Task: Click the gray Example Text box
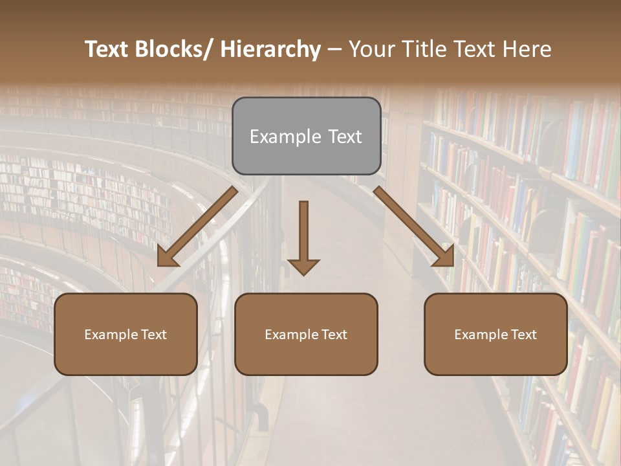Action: tap(306, 136)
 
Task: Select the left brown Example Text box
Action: tap(125, 334)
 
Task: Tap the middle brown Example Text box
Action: tap(306, 334)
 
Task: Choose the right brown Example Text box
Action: tap(496, 334)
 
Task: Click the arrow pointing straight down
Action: tap(303, 236)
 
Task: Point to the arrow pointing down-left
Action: tap(197, 227)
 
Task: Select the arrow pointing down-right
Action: tap(414, 227)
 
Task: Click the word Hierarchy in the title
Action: tap(270, 50)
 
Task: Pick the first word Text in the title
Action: tap(107, 50)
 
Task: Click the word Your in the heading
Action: tap(373, 50)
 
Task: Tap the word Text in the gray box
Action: tap(343, 137)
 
